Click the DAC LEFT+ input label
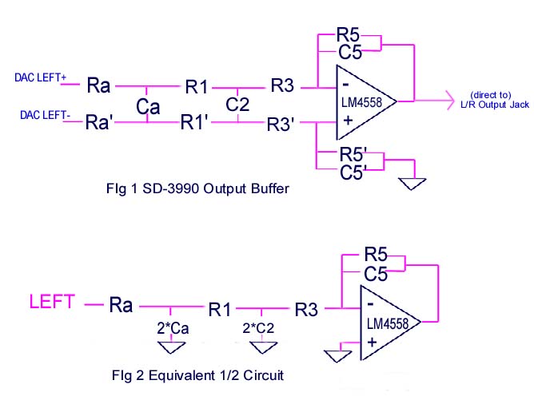40,77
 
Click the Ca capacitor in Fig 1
147,105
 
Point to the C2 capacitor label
237,105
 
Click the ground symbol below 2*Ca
170,346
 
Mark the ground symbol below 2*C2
261,347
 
